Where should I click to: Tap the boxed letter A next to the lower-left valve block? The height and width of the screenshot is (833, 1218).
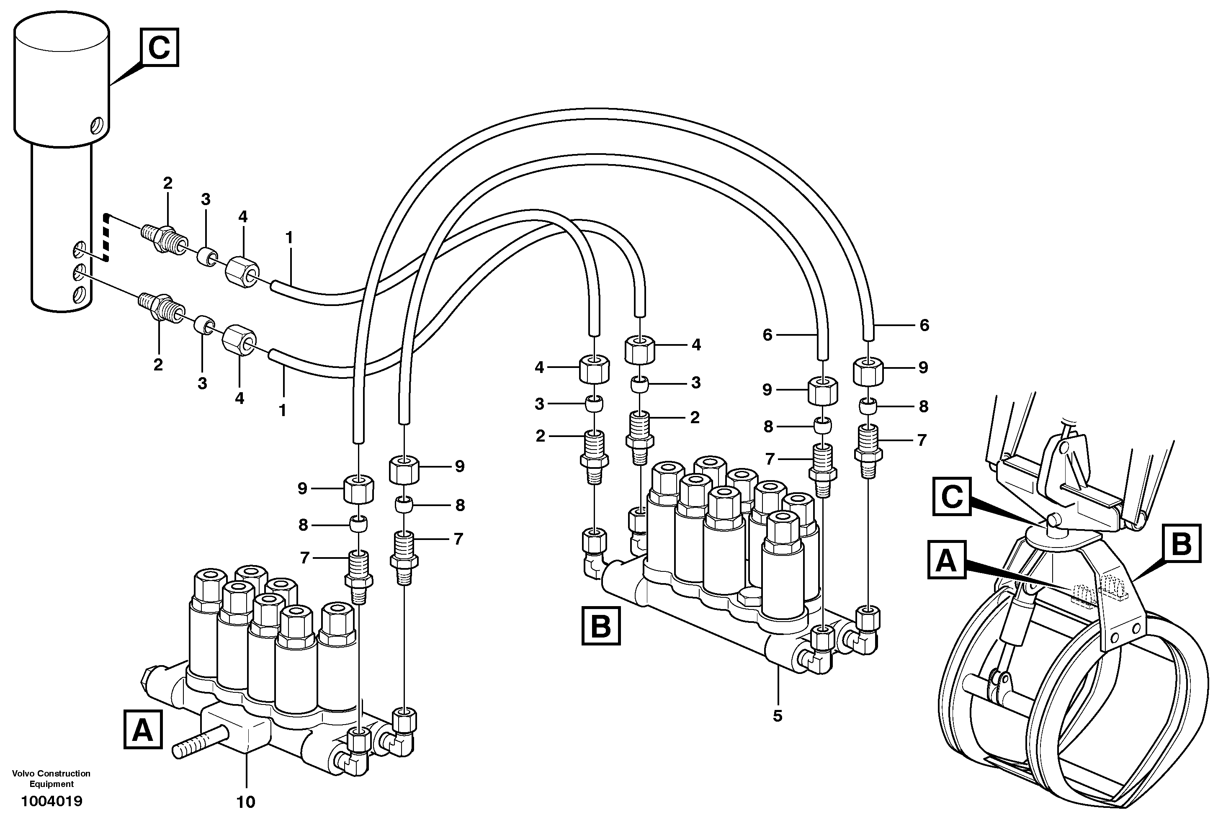(142, 729)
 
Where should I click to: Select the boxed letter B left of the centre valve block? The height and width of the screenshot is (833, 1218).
(600, 625)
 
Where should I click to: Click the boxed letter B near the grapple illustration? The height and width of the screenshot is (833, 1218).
(1181, 543)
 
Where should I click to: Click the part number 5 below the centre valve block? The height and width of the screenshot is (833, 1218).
(777, 716)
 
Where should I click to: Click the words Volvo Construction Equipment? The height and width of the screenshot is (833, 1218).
(52, 779)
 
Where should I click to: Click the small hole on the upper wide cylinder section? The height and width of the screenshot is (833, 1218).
(97, 126)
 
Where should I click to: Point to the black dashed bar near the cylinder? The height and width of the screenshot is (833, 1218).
(106, 237)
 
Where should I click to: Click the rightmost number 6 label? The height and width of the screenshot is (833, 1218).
(924, 325)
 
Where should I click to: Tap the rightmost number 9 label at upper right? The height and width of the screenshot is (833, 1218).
(923, 367)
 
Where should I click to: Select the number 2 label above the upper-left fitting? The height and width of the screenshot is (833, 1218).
(167, 183)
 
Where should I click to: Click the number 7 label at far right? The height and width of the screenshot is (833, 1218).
(922, 440)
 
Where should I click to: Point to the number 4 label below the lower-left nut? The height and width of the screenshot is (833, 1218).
(239, 398)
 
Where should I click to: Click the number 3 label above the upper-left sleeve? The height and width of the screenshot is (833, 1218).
(206, 199)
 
